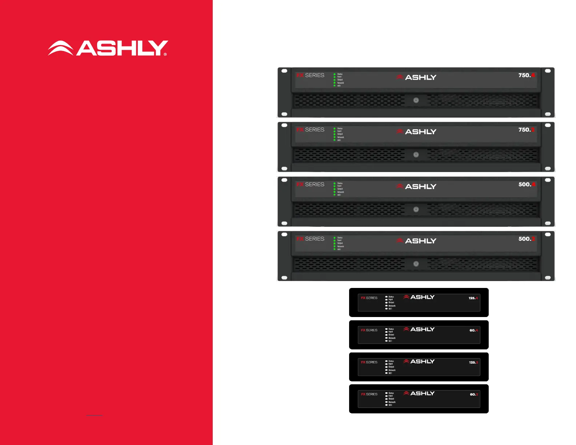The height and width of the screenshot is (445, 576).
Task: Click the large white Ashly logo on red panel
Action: [108, 48]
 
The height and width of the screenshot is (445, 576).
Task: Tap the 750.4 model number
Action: [527, 75]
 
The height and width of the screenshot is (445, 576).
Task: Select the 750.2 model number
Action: [527, 130]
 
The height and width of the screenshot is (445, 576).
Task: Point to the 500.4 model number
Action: [527, 184]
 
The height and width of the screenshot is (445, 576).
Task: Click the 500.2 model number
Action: [527, 239]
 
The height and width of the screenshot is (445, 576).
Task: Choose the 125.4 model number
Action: [473, 298]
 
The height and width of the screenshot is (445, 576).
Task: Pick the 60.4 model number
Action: [473, 330]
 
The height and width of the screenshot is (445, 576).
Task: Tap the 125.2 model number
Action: [473, 362]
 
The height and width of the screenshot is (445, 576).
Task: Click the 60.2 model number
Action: [473, 394]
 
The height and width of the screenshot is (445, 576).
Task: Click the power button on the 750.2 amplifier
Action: [416, 155]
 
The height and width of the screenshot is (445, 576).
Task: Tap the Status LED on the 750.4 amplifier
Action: [335, 74]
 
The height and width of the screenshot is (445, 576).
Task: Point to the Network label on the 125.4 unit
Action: [392, 306]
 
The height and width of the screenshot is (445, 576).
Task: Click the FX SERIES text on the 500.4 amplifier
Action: [310, 184]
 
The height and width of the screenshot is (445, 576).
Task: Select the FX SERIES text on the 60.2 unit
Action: [369, 394]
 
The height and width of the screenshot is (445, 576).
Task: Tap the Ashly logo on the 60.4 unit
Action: [419, 329]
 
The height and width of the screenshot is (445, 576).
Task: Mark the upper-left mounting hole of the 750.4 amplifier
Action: [284, 71]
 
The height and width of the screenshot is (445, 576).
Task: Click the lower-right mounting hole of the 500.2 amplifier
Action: [548, 278]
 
